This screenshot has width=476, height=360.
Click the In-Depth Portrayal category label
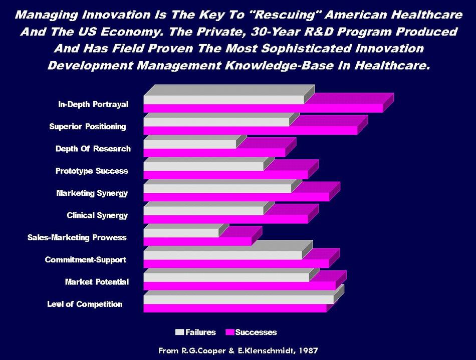(93, 104)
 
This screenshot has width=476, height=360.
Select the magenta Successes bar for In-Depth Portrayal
(263, 108)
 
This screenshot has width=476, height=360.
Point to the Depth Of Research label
(93, 149)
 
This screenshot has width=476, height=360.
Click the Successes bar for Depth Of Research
(214, 152)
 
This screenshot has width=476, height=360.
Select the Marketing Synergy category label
(92, 193)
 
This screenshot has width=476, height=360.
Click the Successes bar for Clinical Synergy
(225, 219)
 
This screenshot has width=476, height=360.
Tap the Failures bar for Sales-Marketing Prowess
(181, 233)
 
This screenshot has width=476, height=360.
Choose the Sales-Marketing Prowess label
(77, 237)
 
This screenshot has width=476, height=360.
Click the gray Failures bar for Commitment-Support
(222, 255)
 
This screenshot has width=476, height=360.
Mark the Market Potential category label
(97, 282)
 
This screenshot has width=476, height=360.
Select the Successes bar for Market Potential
(239, 285)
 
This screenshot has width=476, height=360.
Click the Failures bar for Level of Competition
(238, 299)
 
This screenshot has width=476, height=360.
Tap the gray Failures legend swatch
(180, 332)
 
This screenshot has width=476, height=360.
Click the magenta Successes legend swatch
(230, 332)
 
